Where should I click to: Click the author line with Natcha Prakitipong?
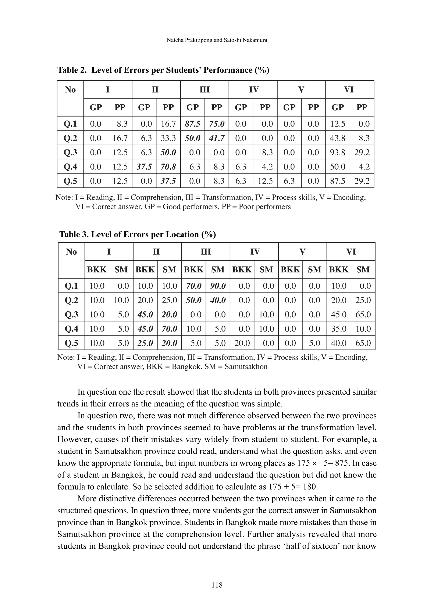[217, 40]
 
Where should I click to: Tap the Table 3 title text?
[137, 234]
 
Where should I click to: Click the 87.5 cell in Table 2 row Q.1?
[192, 124]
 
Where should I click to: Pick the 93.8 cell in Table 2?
[338, 152]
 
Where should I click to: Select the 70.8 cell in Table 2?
[168, 167]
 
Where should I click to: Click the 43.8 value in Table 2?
[338, 138]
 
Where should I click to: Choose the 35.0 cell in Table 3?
[339, 329]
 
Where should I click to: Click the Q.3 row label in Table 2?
[70, 152]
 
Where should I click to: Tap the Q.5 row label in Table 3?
[71, 343]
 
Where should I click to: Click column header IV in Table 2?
[254, 89]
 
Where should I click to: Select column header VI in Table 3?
[351, 252]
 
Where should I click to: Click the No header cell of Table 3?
[71, 252]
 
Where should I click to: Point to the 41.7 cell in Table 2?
[217, 138]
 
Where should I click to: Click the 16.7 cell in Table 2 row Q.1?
[168, 124]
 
